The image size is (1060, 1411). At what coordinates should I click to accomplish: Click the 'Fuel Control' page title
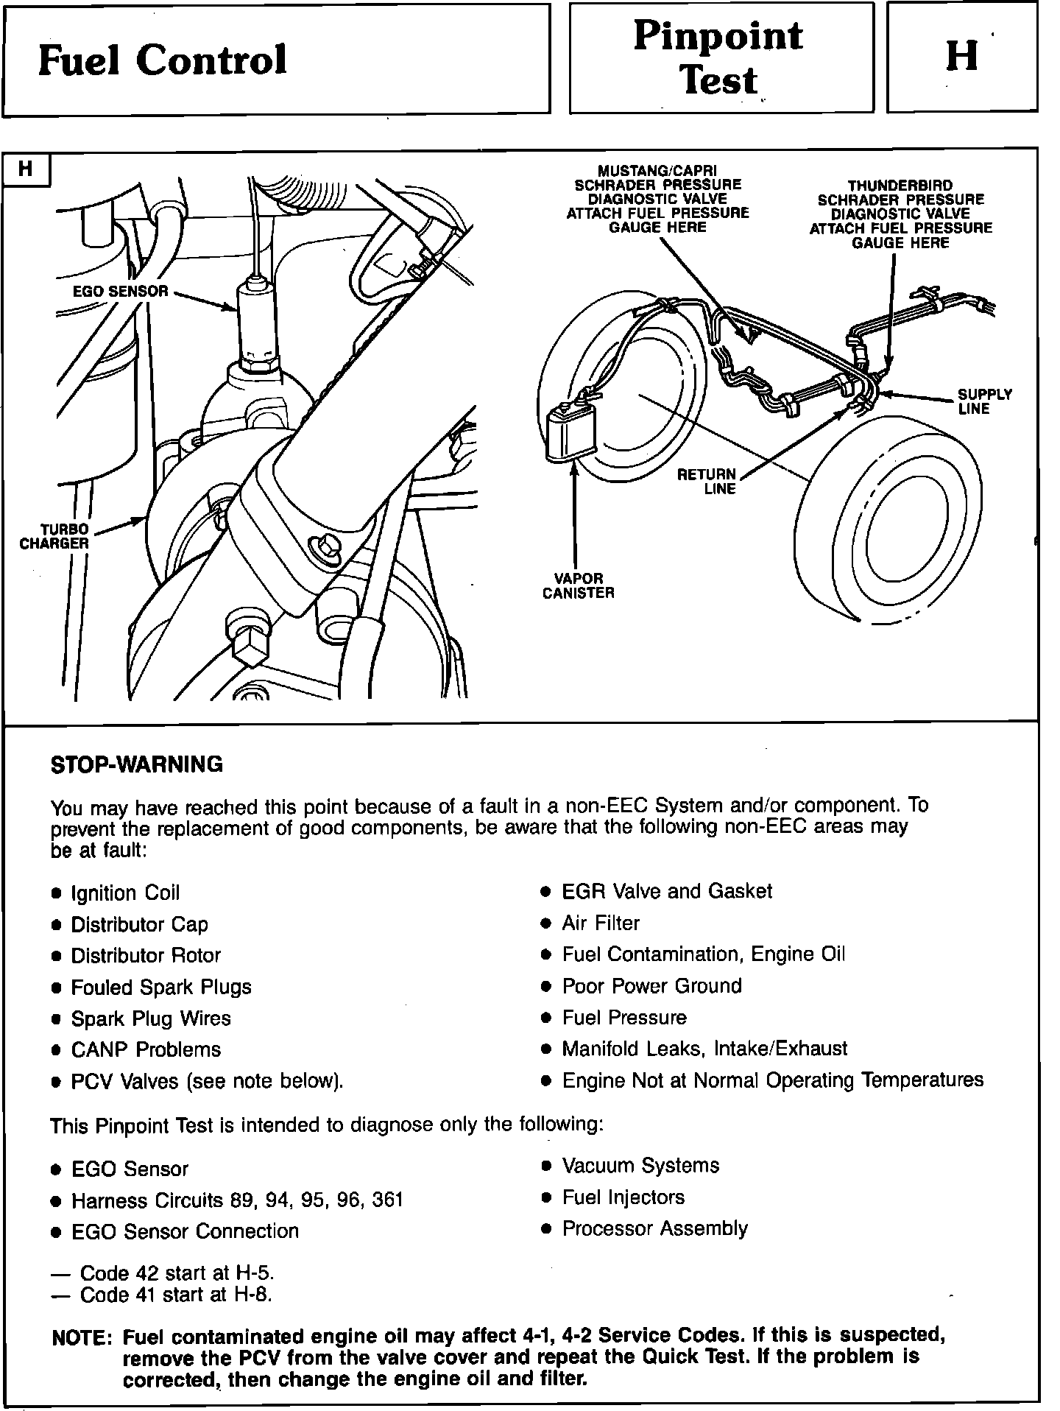(x=162, y=60)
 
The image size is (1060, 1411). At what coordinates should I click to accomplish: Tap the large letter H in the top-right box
(x=961, y=55)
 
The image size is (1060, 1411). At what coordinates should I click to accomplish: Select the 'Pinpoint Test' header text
(x=718, y=57)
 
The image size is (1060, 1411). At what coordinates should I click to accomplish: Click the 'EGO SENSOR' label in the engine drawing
(x=121, y=292)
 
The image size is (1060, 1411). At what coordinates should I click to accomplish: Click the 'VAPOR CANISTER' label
(x=578, y=585)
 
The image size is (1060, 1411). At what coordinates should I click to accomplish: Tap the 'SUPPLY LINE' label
(x=984, y=401)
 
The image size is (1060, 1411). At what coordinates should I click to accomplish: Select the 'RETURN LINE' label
(x=706, y=482)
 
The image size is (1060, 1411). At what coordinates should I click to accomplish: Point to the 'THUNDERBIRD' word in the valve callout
(x=900, y=186)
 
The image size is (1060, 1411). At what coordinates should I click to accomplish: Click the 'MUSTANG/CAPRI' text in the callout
(x=657, y=171)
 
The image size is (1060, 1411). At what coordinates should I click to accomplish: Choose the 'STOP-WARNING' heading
(x=136, y=764)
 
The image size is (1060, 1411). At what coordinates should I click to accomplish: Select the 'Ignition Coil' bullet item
(x=124, y=893)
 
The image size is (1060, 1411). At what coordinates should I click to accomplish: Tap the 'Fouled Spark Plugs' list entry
(x=160, y=987)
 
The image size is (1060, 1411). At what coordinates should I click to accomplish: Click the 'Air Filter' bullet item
(x=601, y=923)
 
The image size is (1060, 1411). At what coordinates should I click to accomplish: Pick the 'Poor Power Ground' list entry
(x=651, y=986)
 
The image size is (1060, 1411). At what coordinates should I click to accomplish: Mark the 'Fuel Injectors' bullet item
(x=623, y=1197)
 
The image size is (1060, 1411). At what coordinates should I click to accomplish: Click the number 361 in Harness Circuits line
(x=387, y=1200)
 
